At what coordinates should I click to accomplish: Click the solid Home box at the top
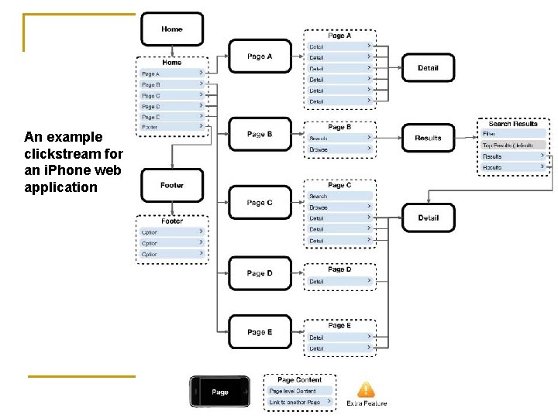coord(172,29)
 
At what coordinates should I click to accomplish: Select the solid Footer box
coord(172,186)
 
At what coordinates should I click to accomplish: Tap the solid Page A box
coord(260,57)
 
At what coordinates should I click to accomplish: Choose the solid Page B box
coord(260,135)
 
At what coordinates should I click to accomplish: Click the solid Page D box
coord(260,273)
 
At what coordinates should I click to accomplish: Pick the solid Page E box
coord(260,332)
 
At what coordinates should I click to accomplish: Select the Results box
coord(428,139)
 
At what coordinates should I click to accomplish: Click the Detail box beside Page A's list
coord(428,68)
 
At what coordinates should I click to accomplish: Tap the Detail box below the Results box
coord(428,218)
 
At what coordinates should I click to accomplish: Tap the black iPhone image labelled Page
coord(221,392)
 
